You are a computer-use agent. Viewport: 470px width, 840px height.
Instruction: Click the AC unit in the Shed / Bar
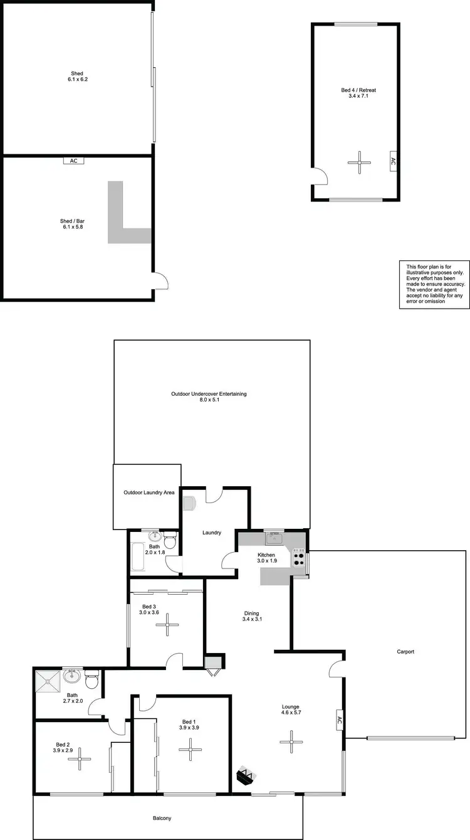73,161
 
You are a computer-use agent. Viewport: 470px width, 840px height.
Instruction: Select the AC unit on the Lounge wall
339,721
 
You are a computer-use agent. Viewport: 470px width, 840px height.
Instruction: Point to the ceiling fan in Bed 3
167,624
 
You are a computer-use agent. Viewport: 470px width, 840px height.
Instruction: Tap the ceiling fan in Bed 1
190,749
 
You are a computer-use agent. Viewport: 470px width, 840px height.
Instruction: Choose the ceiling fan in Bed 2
80,760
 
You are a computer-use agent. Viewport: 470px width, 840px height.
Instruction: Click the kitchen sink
274,538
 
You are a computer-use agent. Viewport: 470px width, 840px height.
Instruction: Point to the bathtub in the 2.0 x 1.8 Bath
138,558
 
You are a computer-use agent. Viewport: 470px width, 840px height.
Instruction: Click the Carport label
405,652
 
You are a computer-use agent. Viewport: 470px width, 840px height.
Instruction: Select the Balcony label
162,818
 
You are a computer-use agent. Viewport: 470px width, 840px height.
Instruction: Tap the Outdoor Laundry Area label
149,492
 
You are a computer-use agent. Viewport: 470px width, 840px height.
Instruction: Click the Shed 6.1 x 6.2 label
77,77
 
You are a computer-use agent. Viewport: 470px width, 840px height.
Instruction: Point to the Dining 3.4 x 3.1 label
250,617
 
